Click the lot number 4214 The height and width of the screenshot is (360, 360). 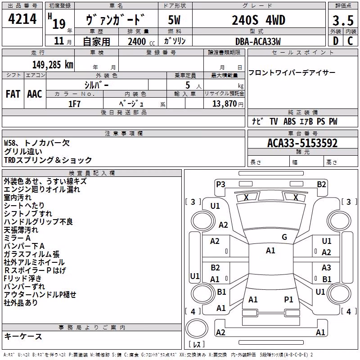[22, 19]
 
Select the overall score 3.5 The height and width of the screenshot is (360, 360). [343, 21]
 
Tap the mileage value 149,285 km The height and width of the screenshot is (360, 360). [53, 65]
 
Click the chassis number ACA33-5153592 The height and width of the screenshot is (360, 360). [302, 143]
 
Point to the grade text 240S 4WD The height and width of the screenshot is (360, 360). [258, 20]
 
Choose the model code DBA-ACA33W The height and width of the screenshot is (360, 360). [258, 41]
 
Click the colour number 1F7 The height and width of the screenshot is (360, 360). [74, 104]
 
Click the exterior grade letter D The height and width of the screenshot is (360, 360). [336, 41]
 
